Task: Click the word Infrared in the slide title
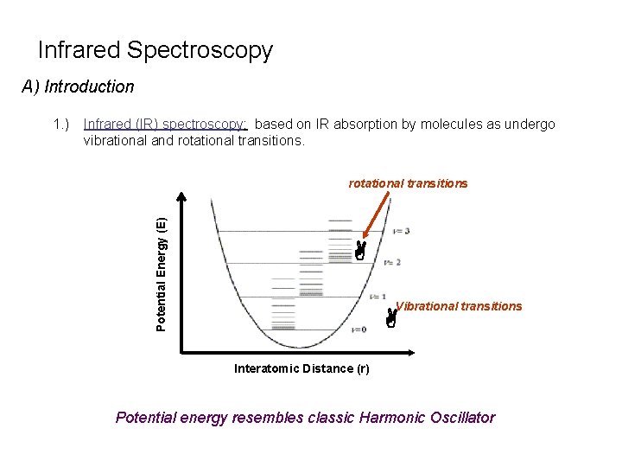pos(79,50)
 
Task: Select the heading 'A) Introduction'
pos(78,86)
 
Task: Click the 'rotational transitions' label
pos(408,183)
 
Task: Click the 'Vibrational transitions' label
pos(459,306)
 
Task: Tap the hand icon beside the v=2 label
pos(359,252)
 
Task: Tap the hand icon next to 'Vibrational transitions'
pos(391,319)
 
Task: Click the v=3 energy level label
pos(400,231)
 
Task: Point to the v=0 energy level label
pos(359,329)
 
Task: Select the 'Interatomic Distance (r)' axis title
pos(301,369)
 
